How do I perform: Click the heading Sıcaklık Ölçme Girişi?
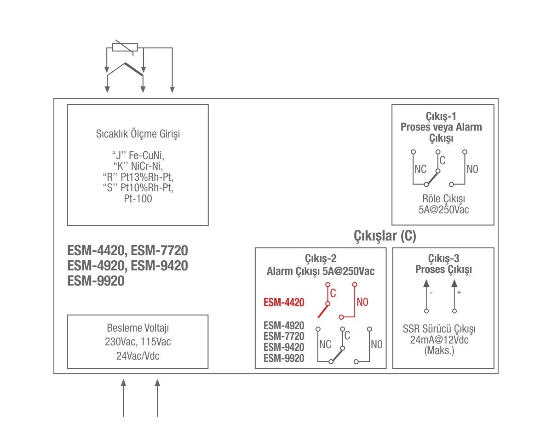[138, 134]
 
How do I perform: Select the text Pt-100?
[138, 199]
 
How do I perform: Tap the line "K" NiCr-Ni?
[138, 166]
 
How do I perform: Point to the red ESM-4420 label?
[284, 303]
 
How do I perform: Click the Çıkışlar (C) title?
[385, 236]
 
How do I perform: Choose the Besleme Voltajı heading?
[138, 328]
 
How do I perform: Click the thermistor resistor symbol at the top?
[125, 47]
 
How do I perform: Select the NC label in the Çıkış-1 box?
[420, 169]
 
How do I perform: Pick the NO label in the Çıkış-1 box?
[472, 169]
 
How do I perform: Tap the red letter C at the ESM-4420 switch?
[333, 293]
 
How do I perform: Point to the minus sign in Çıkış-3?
[431, 292]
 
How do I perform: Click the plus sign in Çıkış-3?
[459, 292]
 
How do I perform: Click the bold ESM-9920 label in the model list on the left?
[96, 281]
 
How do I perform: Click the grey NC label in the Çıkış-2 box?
[325, 344]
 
